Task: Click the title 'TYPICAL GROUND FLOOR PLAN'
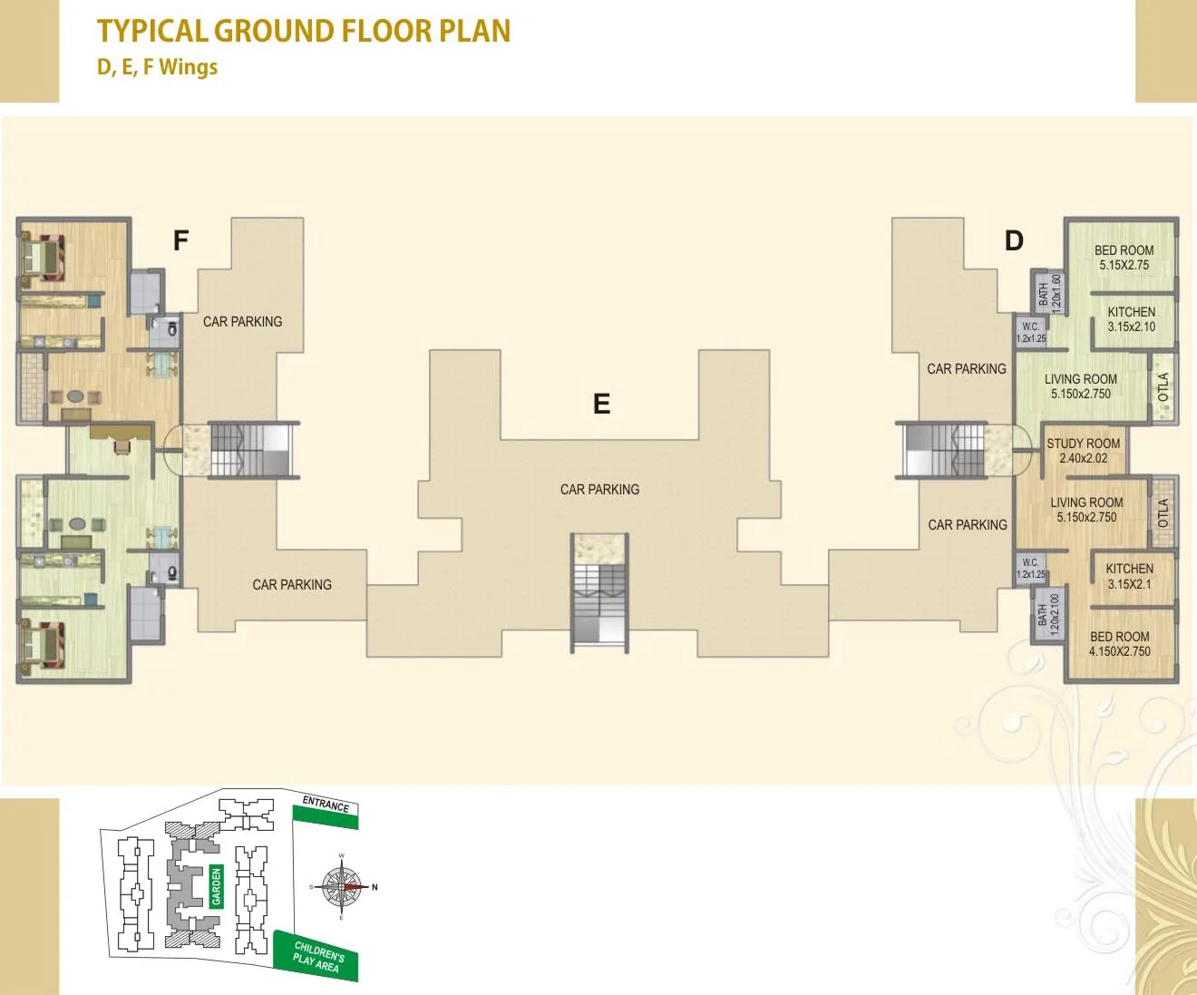[x=304, y=31]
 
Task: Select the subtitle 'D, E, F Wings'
[x=157, y=67]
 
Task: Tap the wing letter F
[x=180, y=240]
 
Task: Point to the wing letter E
[x=601, y=404]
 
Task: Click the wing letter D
[x=1014, y=240]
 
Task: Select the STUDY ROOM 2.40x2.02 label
[x=1083, y=451]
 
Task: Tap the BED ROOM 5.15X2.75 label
[x=1124, y=258]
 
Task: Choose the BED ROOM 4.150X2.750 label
[x=1119, y=644]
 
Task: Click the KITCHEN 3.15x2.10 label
[x=1131, y=319]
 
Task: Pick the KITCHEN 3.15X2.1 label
[x=1129, y=576]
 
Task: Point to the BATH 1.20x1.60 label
[x=1049, y=293]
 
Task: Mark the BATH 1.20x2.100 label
[x=1048, y=615]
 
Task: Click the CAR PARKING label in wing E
[x=599, y=490]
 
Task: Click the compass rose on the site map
[x=342, y=887]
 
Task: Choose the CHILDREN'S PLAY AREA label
[x=317, y=957]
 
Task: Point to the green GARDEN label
[x=217, y=886]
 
